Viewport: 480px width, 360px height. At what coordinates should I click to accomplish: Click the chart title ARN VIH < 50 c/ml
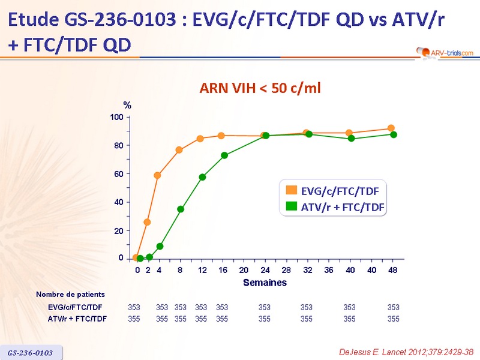point(260,89)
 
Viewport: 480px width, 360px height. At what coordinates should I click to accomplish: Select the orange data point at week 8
point(179,150)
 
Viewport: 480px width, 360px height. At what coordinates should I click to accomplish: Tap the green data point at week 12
point(203,177)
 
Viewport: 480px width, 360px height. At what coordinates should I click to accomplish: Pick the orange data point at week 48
point(391,128)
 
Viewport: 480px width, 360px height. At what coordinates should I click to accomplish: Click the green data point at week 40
point(351,139)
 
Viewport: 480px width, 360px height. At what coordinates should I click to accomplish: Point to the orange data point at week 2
point(147,222)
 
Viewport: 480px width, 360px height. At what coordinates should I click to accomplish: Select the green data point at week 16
point(224,155)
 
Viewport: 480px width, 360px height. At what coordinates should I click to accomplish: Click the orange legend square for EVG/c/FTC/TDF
point(291,191)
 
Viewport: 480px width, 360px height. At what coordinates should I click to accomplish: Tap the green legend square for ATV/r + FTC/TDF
point(291,207)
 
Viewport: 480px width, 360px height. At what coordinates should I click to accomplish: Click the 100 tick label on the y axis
point(116,117)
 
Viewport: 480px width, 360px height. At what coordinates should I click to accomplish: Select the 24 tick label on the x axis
point(265,270)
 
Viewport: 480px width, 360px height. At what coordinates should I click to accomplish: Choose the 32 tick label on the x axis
point(307,270)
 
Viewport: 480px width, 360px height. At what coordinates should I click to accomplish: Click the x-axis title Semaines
point(265,283)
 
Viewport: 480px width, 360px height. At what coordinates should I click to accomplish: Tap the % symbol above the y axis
point(127,106)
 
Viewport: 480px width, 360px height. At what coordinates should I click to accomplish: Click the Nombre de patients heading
point(70,295)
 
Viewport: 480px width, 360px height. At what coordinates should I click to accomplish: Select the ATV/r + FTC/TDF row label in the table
point(77,319)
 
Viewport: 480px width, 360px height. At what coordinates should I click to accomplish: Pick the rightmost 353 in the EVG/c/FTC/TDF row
point(393,307)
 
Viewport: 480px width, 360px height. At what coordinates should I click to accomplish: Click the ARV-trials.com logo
point(444,53)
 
